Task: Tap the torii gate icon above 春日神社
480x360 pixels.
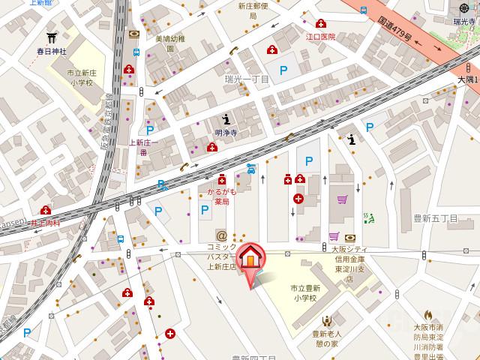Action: click(52, 37)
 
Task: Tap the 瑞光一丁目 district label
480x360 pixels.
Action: click(247, 79)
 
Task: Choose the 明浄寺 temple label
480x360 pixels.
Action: click(226, 133)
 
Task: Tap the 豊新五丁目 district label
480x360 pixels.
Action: click(435, 219)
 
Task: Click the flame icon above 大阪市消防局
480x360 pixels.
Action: click(428, 316)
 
